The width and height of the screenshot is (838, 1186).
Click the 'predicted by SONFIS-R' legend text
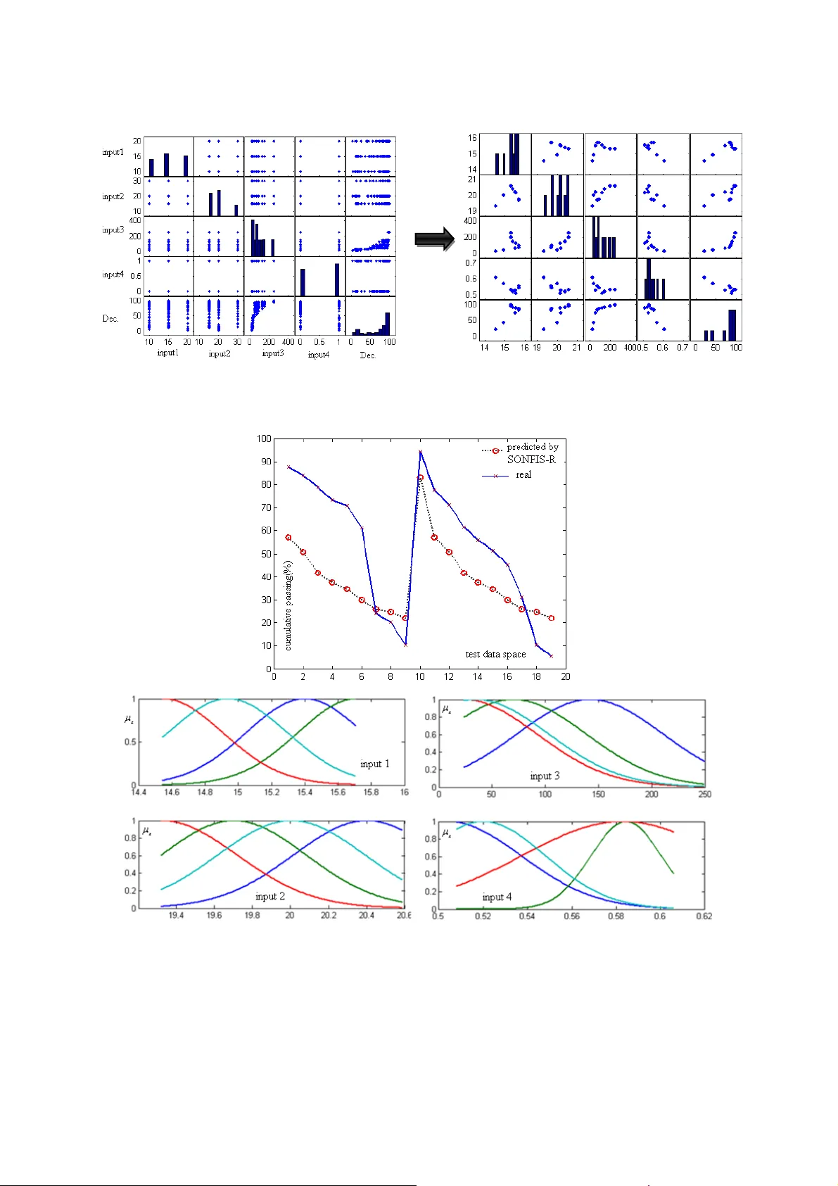[532, 453]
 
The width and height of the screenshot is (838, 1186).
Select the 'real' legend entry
[523, 475]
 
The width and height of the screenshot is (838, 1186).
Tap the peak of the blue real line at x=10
[420, 452]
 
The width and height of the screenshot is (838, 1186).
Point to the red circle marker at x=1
[288, 537]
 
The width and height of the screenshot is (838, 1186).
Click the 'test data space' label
[495, 654]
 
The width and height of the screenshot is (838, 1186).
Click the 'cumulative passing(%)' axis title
[288, 605]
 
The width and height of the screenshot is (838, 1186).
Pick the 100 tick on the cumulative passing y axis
[264, 439]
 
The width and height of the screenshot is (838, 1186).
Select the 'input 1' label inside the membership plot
[374, 764]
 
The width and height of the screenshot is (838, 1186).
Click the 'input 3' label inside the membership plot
[545, 776]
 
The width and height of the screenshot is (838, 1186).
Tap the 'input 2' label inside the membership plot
[270, 896]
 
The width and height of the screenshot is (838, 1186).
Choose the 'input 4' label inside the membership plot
[497, 897]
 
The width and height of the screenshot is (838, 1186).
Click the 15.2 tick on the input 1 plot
[272, 793]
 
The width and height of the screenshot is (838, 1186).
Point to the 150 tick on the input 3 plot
[598, 794]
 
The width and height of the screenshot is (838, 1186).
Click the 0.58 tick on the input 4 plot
[616, 916]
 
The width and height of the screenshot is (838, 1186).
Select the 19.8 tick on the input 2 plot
[252, 916]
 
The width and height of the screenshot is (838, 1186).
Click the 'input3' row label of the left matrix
[113, 230]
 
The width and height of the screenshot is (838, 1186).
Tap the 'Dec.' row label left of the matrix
[110, 318]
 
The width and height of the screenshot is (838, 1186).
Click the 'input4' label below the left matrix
[318, 355]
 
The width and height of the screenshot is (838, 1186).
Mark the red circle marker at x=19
[552, 618]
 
